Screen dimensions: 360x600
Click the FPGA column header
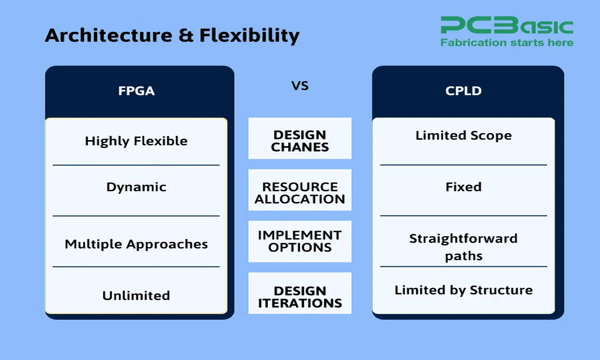(x=136, y=90)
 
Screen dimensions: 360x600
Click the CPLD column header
(x=463, y=90)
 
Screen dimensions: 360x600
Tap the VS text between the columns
(x=300, y=86)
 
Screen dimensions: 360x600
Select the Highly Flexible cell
(x=136, y=141)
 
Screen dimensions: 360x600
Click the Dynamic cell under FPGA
(x=136, y=187)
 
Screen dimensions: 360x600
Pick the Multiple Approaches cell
(x=136, y=244)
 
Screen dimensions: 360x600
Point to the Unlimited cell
(x=136, y=296)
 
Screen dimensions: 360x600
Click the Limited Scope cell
(x=463, y=135)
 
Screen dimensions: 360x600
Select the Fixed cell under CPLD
(x=463, y=187)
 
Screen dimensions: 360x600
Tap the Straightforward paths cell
(x=463, y=247)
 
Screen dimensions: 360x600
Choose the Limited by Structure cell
(x=463, y=290)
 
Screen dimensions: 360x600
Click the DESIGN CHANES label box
(x=300, y=141)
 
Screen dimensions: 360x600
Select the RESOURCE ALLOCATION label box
(x=300, y=193)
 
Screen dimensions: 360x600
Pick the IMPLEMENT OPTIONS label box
(x=300, y=241)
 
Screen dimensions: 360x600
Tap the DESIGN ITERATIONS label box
(x=300, y=297)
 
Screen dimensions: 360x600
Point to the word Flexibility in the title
(x=249, y=35)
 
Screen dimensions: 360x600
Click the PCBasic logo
(x=506, y=26)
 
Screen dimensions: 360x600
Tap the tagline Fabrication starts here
(x=506, y=43)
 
